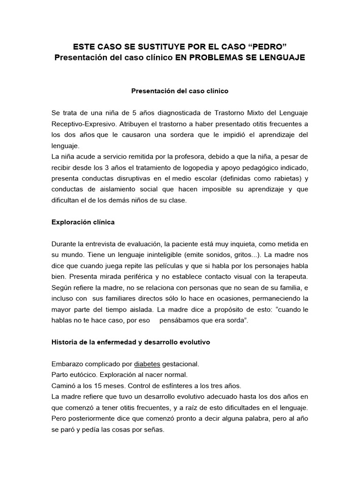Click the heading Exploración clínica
pos(83,222)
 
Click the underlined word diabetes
pos(148,363)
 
